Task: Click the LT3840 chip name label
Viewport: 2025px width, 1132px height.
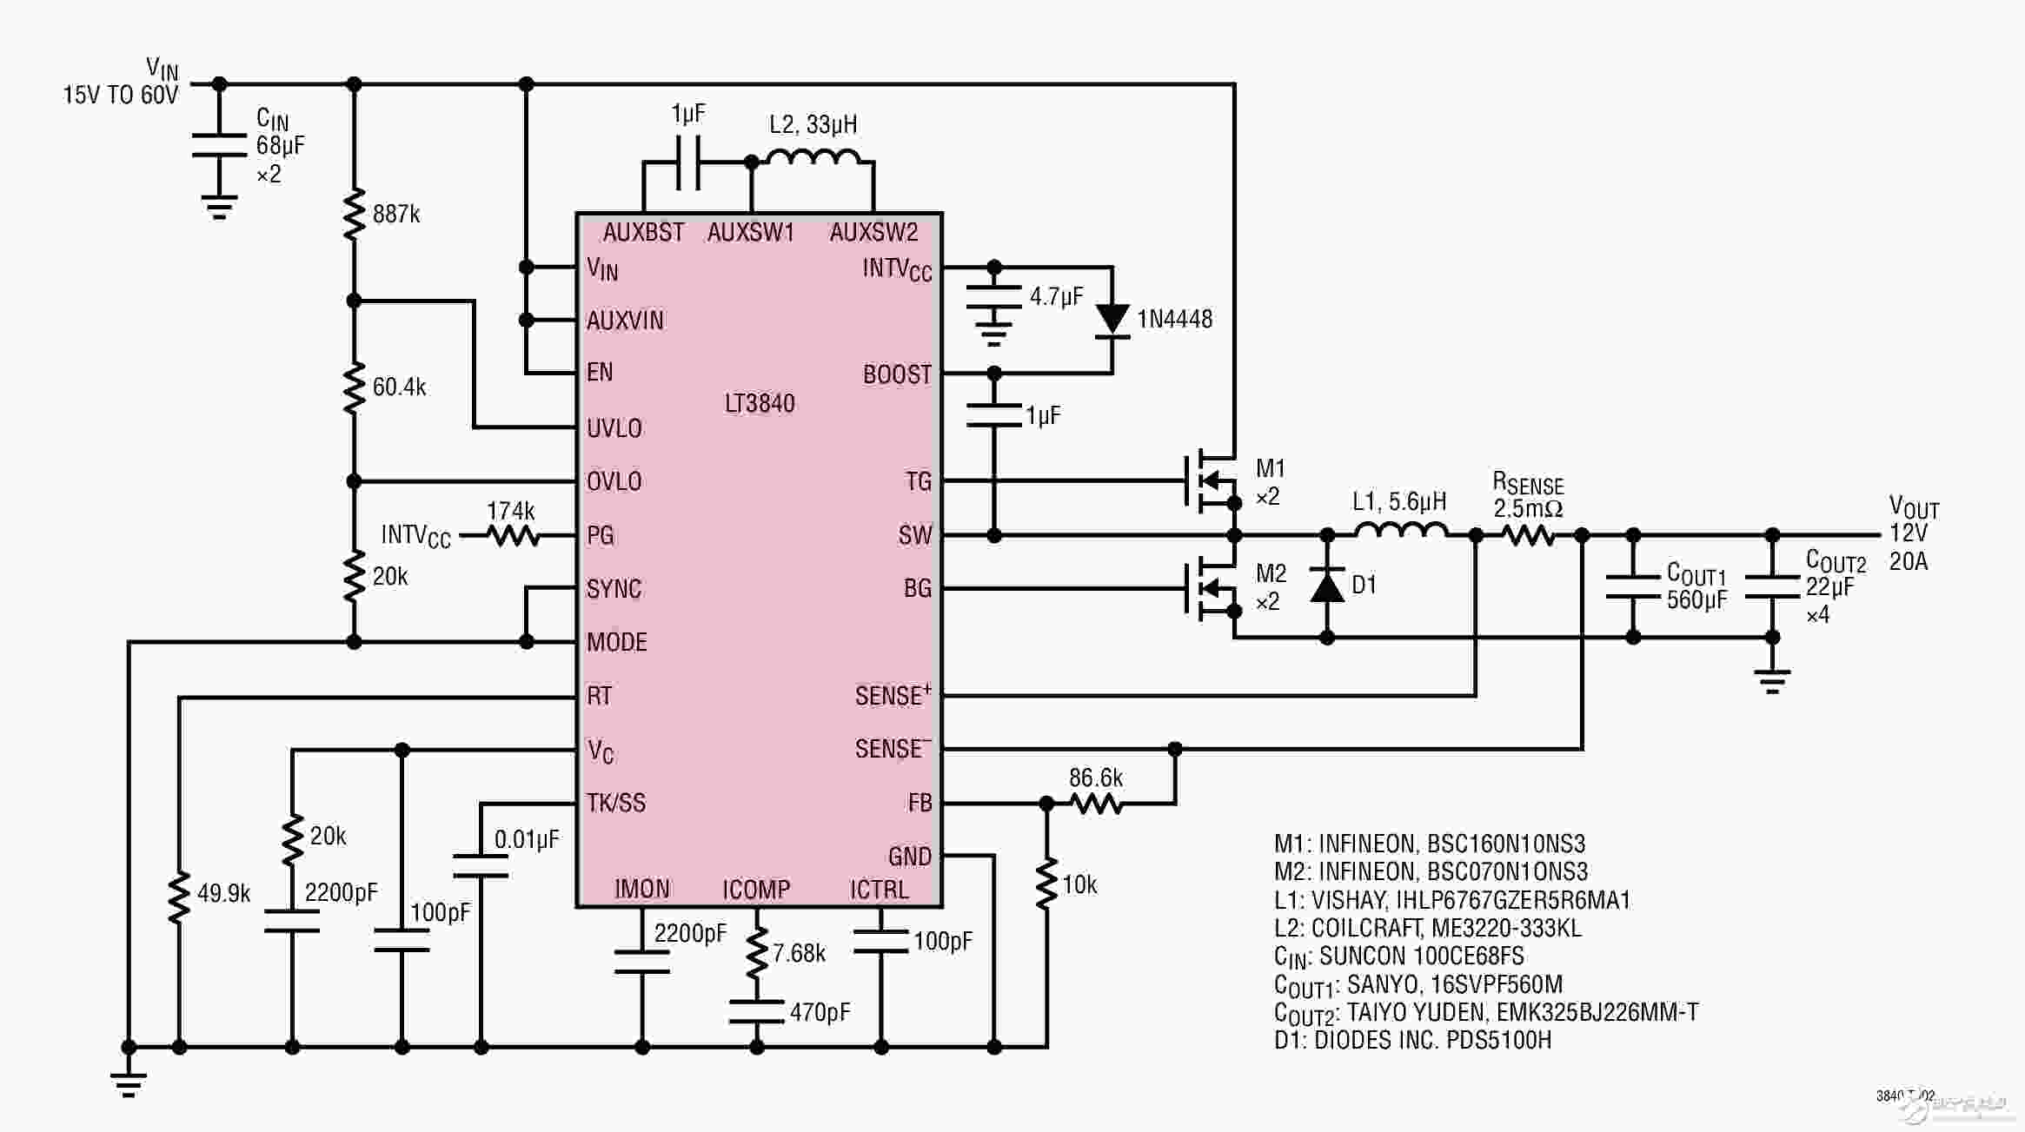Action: click(760, 403)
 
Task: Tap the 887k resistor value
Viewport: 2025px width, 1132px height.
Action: click(396, 214)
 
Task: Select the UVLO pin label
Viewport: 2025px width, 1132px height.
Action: click(614, 428)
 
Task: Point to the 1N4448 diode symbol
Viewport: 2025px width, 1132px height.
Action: click(1112, 320)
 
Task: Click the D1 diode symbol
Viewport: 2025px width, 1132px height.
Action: click(1327, 586)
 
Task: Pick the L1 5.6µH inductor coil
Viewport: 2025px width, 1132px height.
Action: click(1401, 530)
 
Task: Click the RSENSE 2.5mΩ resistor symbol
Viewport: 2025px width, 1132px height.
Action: click(1529, 536)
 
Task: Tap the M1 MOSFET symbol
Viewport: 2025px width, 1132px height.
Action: click(1212, 480)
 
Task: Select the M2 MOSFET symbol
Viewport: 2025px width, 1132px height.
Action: click(1212, 588)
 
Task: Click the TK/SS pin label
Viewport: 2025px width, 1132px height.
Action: click(616, 803)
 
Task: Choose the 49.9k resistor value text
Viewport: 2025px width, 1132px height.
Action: click(224, 893)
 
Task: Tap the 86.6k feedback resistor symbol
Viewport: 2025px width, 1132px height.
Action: click(1096, 804)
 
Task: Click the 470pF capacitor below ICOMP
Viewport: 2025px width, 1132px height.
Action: click(757, 1012)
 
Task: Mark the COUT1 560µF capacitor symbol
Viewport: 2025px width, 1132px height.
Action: click(1633, 586)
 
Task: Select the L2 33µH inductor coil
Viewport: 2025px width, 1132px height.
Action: click(813, 156)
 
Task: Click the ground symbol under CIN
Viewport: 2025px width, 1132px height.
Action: click(219, 209)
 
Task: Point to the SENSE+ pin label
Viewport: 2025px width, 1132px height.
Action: click(893, 695)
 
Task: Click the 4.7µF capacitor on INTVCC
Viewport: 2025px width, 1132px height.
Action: click(994, 297)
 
